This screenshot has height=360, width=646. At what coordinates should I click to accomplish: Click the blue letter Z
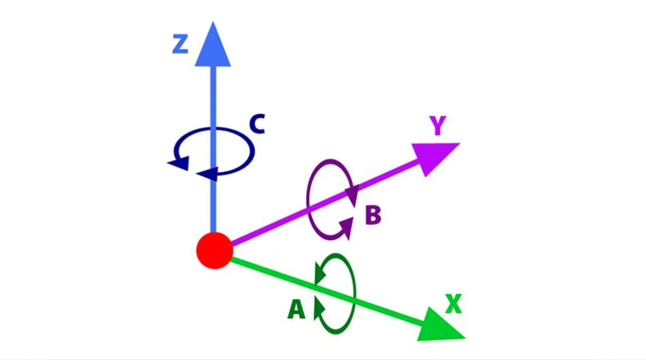180,45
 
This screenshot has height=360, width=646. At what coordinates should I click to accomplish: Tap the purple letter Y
438,126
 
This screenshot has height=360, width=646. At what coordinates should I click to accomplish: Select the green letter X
453,304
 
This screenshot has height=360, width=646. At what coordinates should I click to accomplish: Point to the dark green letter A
296,309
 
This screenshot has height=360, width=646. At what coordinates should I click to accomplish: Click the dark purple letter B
373,215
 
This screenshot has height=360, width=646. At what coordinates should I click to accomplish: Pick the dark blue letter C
257,124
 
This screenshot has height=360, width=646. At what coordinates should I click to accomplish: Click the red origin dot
215,250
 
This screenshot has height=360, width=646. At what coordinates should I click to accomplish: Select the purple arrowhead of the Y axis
435,156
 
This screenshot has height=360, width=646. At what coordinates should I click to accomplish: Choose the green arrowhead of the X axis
440,326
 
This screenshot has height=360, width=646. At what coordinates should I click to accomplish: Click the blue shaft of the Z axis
213,149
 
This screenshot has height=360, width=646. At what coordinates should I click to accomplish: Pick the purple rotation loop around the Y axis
308,198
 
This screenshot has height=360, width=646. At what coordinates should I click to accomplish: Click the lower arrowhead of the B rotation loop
347,228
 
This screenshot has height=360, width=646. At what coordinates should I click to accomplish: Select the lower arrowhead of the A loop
319,307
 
